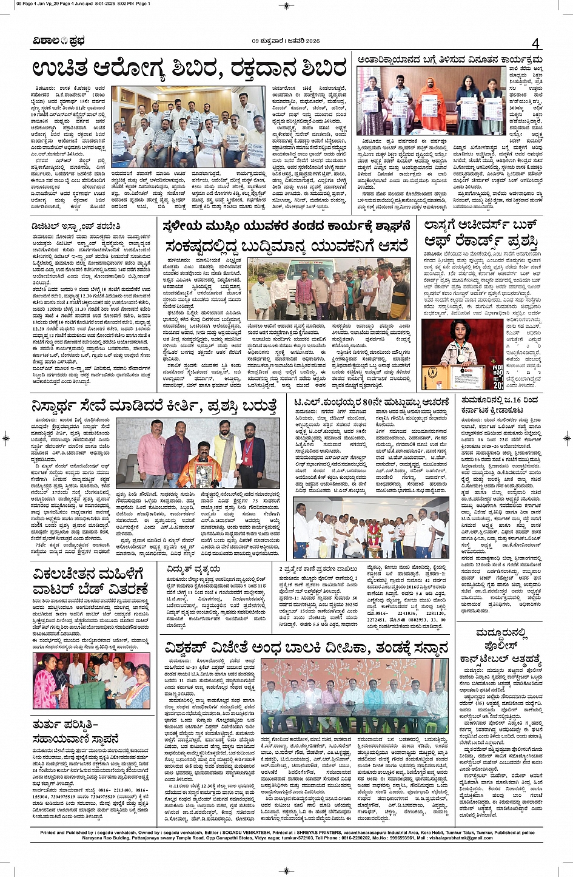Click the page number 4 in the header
click(x=535, y=43)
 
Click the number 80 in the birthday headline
click(x=376, y=402)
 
